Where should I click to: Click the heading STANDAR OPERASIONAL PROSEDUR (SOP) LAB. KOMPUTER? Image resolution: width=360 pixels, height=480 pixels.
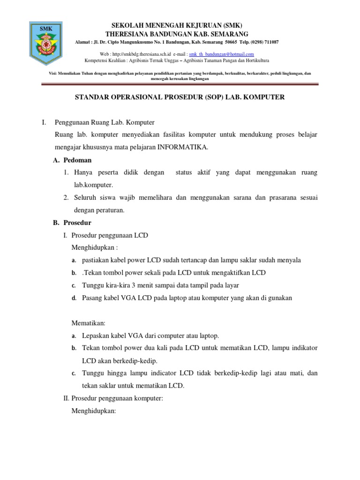pyautogui.click(x=180, y=97)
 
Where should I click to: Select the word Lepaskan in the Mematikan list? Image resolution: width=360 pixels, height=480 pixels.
pyautogui.click(x=95, y=336)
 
